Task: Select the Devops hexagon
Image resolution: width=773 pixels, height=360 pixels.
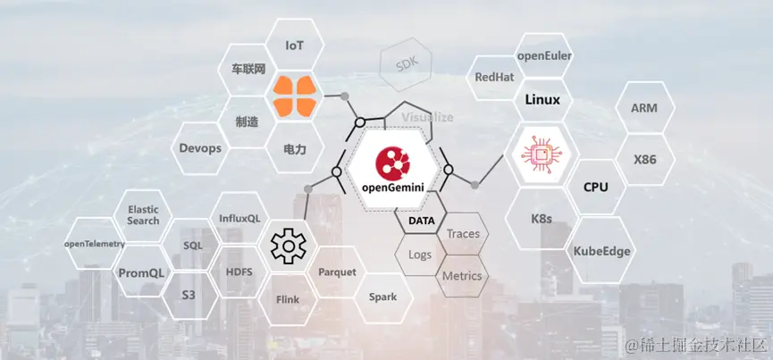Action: [200, 148]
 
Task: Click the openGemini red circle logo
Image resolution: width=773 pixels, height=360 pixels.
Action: [392, 160]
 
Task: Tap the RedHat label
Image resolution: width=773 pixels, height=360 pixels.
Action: [494, 78]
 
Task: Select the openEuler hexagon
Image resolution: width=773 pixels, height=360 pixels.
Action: [544, 56]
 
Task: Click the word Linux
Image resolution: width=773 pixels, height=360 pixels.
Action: [542, 99]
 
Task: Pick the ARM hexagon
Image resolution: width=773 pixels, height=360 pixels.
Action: [644, 108]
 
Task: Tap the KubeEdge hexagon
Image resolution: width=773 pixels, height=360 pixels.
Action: [601, 251]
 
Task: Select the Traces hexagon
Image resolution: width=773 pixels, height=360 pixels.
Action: [463, 234]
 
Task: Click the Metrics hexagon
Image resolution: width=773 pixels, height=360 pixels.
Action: [462, 276]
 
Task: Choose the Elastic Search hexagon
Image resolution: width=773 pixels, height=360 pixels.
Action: [143, 214]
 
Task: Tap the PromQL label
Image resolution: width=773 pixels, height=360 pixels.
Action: [141, 273]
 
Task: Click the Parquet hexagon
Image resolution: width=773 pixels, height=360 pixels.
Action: [337, 272]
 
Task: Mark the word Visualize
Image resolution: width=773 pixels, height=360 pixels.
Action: [427, 117]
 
